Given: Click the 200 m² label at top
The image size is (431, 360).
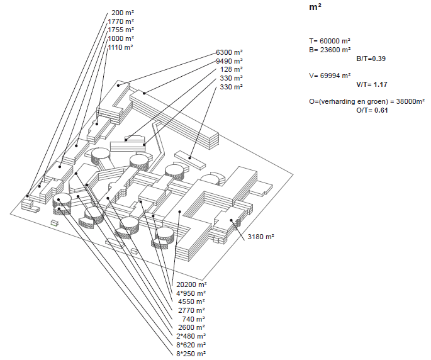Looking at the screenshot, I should click(123, 12).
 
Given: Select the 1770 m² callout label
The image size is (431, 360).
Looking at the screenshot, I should click(121, 21).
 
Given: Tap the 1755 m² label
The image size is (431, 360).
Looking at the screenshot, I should click(121, 30).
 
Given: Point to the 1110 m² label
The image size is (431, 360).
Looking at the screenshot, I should click(121, 47).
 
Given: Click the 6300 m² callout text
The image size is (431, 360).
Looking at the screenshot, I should click(229, 52).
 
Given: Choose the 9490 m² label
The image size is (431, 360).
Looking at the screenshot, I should click(229, 61).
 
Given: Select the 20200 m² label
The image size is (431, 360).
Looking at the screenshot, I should click(191, 284).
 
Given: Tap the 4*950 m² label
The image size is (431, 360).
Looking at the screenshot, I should click(191, 293).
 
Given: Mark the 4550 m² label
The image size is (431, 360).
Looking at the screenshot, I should click(192, 301).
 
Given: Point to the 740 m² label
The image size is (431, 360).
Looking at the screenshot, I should click(194, 319).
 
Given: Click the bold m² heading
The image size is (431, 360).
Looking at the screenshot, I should click(315, 8).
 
